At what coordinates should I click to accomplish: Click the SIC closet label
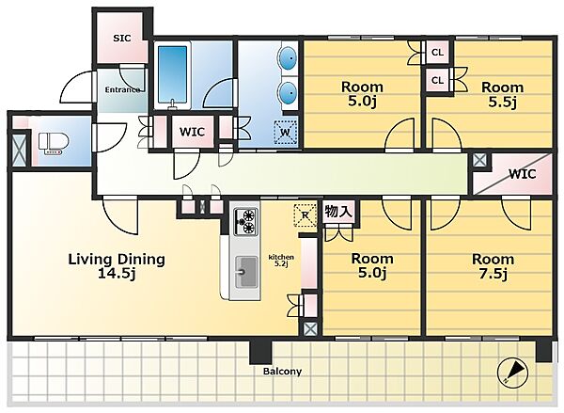pyautogui.click(x=122, y=38)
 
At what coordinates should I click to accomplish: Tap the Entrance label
pyautogui.click(x=122, y=89)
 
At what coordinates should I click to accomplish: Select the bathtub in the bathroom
pyautogui.click(x=173, y=75)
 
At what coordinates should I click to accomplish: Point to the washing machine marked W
pyautogui.click(x=285, y=132)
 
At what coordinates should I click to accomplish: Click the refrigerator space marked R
pyautogui.click(x=305, y=215)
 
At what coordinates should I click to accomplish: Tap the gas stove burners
pyautogui.click(x=246, y=221)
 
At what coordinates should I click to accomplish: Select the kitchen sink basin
pyautogui.click(x=246, y=272)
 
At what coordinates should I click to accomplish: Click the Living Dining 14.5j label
pyautogui.click(x=117, y=266)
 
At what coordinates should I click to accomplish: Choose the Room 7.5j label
pyautogui.click(x=493, y=267)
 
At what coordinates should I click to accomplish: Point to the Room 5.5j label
pyautogui.click(x=502, y=95)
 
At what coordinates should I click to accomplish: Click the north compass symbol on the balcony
pyautogui.click(x=512, y=373)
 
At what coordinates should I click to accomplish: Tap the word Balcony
pyautogui.click(x=282, y=372)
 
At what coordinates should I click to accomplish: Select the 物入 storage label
pyautogui.click(x=338, y=211)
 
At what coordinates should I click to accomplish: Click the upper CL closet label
pyautogui.click(x=437, y=53)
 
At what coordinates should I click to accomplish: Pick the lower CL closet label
pyautogui.click(x=437, y=80)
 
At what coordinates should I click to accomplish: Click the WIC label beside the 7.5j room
pyautogui.click(x=523, y=174)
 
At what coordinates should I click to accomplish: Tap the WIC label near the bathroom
pyautogui.click(x=192, y=132)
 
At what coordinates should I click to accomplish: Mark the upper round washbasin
pyautogui.click(x=289, y=58)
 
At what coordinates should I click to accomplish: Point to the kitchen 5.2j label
pyautogui.click(x=282, y=260)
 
